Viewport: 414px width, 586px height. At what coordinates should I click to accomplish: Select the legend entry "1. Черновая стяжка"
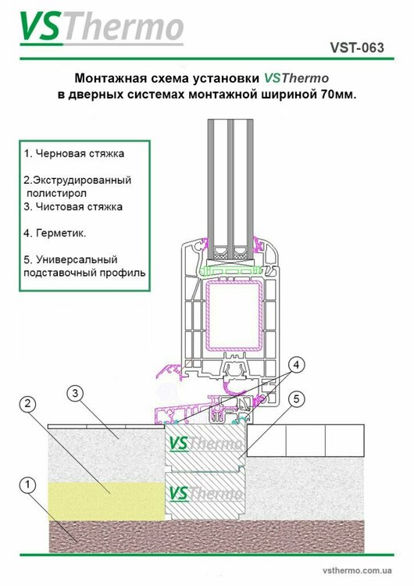click(74, 153)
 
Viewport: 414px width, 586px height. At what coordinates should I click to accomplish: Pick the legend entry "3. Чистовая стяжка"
click(73, 207)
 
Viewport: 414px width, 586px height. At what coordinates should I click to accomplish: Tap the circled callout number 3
click(75, 392)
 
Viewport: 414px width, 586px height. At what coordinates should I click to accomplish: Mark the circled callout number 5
click(295, 398)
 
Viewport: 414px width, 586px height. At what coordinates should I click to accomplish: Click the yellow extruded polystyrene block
click(108, 501)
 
